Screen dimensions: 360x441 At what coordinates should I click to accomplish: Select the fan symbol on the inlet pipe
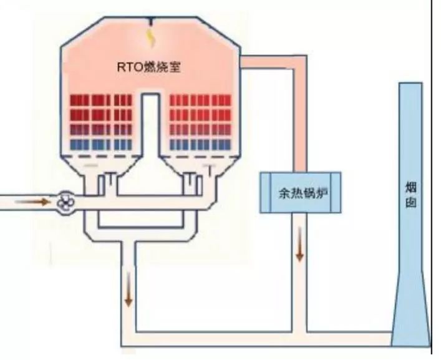[x=64, y=202]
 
